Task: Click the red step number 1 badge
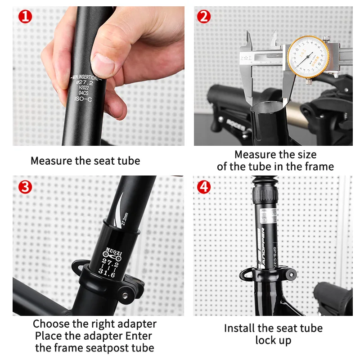pos(24,17)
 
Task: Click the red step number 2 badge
pos(204,17)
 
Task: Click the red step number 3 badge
pos(25,186)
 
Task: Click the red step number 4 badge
pos(204,186)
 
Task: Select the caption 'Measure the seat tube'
pos(85,161)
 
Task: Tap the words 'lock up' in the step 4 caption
pos(273,340)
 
